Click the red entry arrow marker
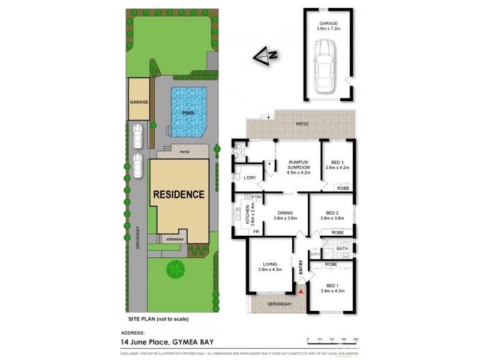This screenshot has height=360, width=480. click(x=302, y=292)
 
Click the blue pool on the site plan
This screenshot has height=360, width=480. click(x=188, y=112)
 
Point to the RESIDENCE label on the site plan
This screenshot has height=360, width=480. click(x=178, y=194)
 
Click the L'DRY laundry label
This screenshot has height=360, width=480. click(x=250, y=178)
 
